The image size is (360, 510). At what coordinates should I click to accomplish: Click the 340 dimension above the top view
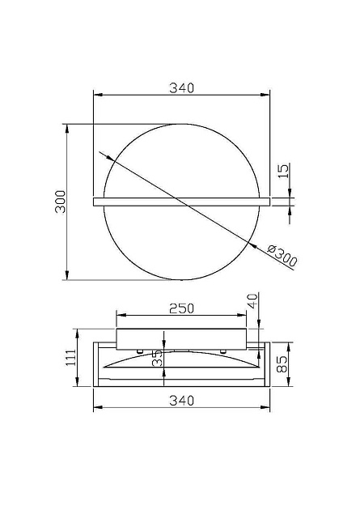[183, 89]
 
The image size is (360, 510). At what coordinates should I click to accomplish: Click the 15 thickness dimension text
[282, 171]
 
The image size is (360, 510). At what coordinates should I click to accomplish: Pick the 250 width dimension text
[183, 308]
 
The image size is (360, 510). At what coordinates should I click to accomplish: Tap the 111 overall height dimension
[71, 358]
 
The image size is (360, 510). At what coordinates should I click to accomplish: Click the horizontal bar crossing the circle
[183, 199]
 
